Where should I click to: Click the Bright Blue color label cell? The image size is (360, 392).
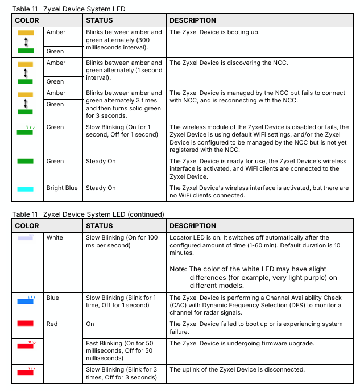coord(62,188)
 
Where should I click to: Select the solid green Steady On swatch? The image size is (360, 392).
coord(26,162)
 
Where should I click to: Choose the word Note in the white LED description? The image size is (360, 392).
coord(180,269)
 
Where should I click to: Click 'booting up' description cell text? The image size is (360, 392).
coord(214,32)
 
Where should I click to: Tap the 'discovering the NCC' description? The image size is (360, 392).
coord(229,63)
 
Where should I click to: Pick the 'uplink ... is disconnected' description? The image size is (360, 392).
coord(237,370)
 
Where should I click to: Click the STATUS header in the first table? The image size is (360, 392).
coord(100,20)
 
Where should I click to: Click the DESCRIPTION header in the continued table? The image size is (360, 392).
coord(193,226)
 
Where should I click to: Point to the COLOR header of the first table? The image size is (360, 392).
coord(27,20)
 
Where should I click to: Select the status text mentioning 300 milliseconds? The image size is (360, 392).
coord(123,40)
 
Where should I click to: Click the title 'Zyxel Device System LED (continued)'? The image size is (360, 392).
coord(104,214)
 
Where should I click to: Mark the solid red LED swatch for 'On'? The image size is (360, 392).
coord(26,324)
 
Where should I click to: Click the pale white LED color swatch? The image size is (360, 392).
coord(26,237)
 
